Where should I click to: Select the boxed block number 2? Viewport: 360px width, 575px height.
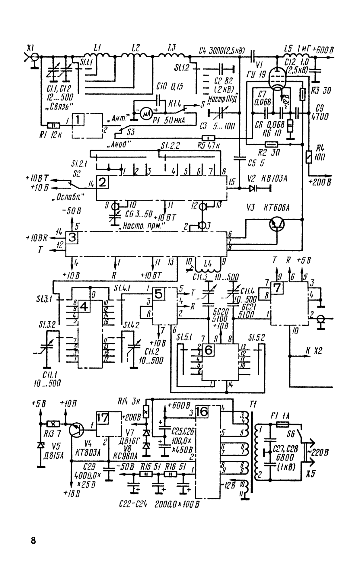pyautogui.click(x=103, y=182)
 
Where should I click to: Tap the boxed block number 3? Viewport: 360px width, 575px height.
pyautogui.click(x=72, y=237)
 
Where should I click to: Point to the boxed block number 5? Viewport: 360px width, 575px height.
pyautogui.click(x=159, y=294)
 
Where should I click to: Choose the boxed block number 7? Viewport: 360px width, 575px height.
pyautogui.click(x=277, y=288)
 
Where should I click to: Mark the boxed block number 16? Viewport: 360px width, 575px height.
pyautogui.click(x=202, y=412)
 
